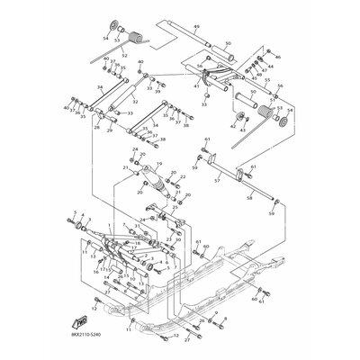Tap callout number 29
(111, 131)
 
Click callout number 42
(234, 128)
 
